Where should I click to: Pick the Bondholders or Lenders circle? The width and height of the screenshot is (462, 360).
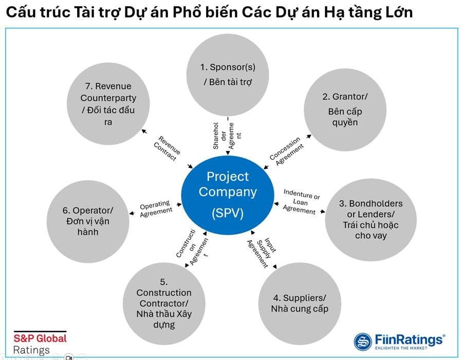click(x=364, y=219)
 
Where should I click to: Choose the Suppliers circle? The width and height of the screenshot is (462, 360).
click(x=299, y=303)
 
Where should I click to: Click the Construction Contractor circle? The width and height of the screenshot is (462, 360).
click(x=164, y=303)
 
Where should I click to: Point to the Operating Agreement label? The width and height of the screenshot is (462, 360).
click(x=155, y=209)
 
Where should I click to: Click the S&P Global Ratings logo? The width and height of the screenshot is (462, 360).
click(x=39, y=344)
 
